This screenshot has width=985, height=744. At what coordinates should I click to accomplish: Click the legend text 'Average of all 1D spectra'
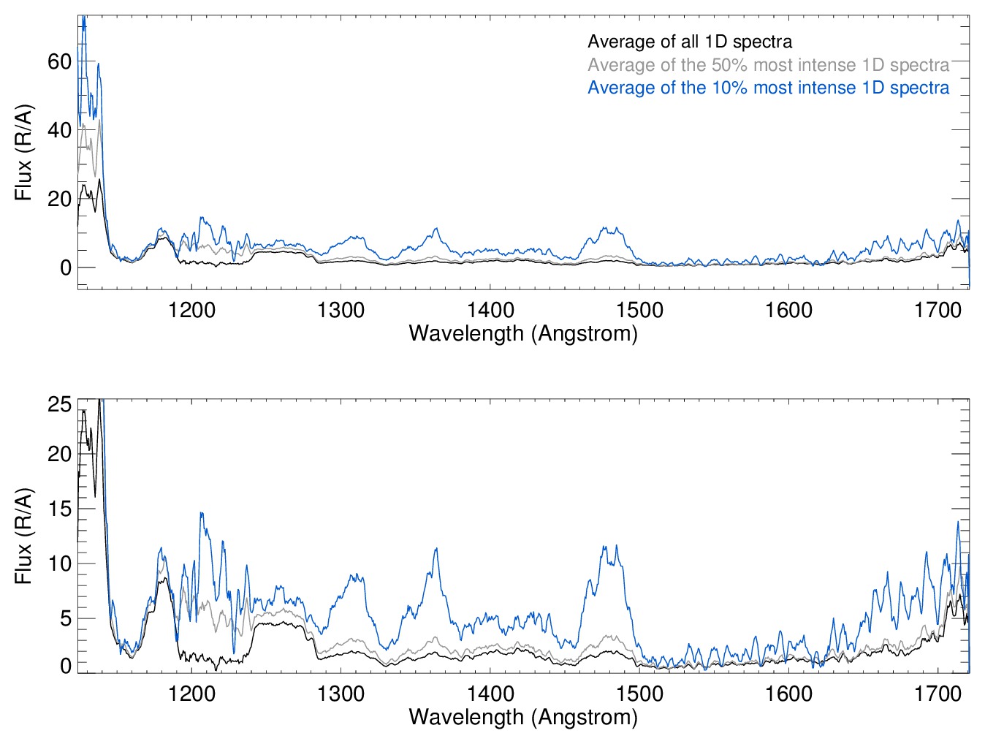[x=689, y=42]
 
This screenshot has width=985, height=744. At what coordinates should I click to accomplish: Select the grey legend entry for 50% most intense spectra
[x=768, y=65]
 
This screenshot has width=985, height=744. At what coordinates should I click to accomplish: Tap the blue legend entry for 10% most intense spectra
[x=768, y=88]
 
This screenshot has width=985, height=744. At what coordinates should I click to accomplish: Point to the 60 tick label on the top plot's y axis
[x=59, y=61]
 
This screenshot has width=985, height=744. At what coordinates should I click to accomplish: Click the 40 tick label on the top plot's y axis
[x=59, y=130]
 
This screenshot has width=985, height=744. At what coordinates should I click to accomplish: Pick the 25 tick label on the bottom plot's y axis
[x=59, y=404]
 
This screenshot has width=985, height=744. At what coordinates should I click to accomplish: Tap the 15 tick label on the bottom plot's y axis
[x=59, y=509]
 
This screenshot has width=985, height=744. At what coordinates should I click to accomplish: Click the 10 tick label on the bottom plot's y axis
[x=59, y=563]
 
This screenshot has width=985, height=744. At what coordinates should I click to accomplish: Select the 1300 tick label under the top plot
[x=341, y=310]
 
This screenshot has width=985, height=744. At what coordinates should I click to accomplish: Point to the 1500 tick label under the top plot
[x=639, y=310]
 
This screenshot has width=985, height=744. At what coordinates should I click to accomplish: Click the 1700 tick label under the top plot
[x=938, y=310]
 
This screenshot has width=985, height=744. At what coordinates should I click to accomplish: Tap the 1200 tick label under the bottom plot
[x=191, y=693]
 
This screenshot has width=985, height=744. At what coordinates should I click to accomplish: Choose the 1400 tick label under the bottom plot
[x=490, y=693]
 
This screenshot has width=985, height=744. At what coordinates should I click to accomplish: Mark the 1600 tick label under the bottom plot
[x=788, y=693]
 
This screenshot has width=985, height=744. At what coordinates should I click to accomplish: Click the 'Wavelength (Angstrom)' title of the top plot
[x=523, y=333]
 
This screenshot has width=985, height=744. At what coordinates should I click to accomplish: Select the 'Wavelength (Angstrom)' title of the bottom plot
[x=523, y=716]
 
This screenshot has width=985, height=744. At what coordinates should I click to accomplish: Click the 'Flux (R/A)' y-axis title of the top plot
[x=24, y=153]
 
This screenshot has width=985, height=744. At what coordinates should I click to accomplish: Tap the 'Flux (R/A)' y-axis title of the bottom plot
[x=24, y=536]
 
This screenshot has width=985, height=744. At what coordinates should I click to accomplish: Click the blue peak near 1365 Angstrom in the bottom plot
[x=436, y=549]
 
